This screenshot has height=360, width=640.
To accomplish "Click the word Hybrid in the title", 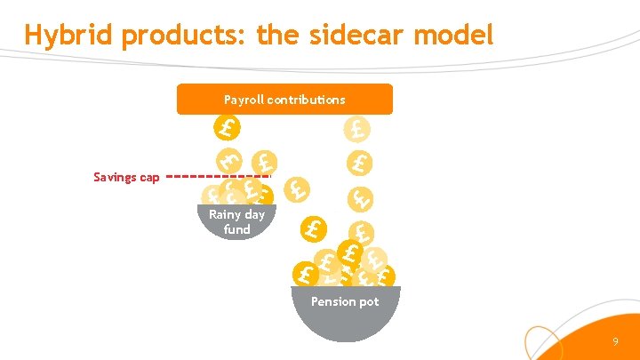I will tap(70, 35).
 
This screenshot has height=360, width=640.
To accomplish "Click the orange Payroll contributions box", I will tap(284, 100).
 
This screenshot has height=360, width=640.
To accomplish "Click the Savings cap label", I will tap(126, 177).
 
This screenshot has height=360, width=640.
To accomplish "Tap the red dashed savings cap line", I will tap(218, 176).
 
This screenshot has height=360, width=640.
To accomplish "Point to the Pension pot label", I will tap(345, 301).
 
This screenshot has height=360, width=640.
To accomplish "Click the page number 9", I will tap(615, 342).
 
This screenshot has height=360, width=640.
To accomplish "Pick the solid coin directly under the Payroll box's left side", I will tap(228, 129).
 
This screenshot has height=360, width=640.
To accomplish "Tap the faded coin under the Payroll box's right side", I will tap(357, 130).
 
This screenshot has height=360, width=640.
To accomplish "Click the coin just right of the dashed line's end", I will tap(297, 189).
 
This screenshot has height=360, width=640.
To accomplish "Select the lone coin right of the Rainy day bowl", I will tap(312, 229).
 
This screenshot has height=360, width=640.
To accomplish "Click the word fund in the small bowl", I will tap(236, 229).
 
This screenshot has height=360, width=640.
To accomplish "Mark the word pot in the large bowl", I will tap(369, 301).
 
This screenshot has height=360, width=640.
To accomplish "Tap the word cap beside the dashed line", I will tap(148, 178).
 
